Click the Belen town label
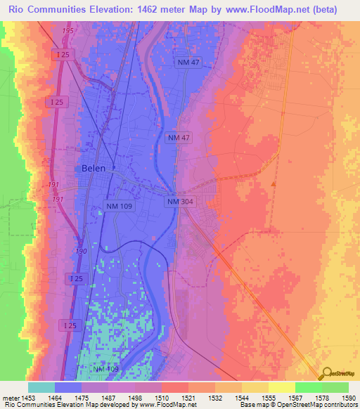click(94, 169)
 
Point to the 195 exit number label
click(67, 32)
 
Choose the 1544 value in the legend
click(241, 396)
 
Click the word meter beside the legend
click(9, 396)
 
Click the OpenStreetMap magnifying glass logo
click(327, 373)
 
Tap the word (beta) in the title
click(321, 10)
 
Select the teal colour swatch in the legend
click(41, 387)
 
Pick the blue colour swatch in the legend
click(68, 387)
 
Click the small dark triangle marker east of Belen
click(273, 183)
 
